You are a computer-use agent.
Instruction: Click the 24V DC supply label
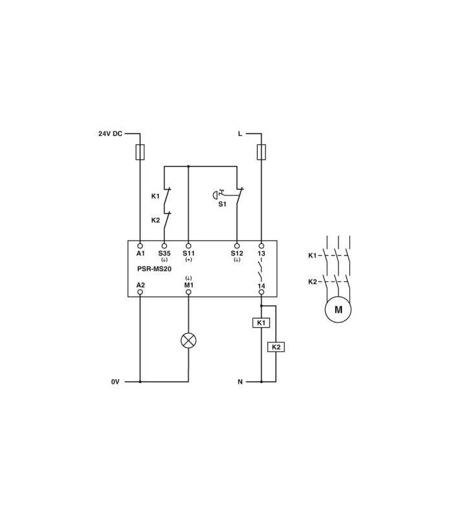[110, 134]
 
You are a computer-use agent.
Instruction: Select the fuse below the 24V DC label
[140, 152]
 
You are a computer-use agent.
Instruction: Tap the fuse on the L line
[262, 152]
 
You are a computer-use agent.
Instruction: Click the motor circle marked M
[338, 310]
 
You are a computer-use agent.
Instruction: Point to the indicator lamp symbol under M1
[189, 341]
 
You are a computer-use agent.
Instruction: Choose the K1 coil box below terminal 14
[262, 323]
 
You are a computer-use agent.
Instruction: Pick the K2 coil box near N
[276, 347]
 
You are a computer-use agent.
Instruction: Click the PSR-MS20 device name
[154, 268]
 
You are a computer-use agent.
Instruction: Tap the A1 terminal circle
[140, 246]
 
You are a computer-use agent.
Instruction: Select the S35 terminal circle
[164, 246]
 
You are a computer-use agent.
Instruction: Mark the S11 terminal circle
[189, 246]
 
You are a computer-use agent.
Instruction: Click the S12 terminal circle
[236, 246]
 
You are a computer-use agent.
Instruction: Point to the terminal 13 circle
[262, 246]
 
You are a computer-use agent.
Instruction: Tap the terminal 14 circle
[262, 292]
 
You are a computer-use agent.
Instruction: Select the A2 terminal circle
[140, 292]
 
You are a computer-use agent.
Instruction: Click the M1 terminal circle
[189, 292]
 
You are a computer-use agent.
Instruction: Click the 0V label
[115, 382]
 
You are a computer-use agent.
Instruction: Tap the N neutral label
[240, 382]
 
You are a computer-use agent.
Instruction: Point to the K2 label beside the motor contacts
[312, 281]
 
